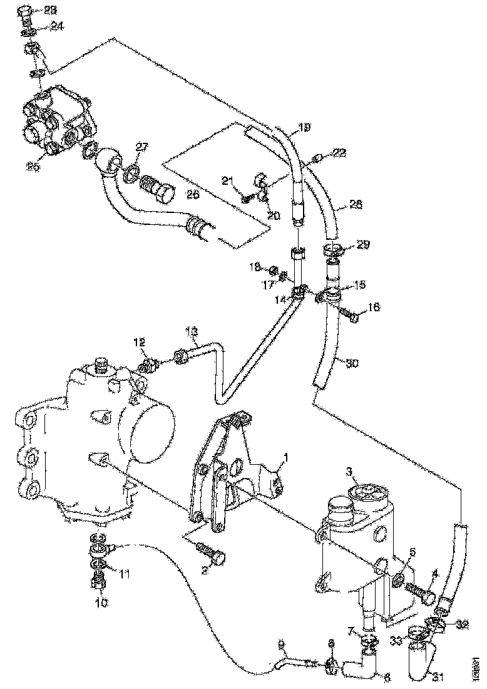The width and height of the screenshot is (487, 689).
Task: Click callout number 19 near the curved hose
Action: click(x=304, y=128)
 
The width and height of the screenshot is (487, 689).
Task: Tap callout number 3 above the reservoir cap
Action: click(x=350, y=470)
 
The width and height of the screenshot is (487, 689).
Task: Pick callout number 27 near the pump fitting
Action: click(x=142, y=147)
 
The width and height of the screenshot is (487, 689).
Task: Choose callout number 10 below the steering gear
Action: click(x=101, y=603)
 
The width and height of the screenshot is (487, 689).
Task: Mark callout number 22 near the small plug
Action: click(x=339, y=153)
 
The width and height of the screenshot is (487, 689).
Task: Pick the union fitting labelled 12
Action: click(x=149, y=365)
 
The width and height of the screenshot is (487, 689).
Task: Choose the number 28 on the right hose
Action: click(x=356, y=205)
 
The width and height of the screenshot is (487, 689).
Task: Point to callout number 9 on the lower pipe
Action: click(x=280, y=643)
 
